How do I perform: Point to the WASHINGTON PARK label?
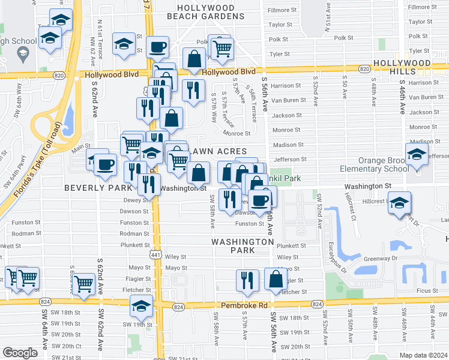point(243,246)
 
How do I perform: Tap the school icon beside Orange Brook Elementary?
point(417,155)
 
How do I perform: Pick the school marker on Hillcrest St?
point(399,203)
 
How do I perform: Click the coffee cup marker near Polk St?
point(157,47)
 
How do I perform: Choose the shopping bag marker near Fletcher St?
point(276,280)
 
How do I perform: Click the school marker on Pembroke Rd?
point(142,307)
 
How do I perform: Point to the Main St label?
point(80,145)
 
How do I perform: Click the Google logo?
point(20,353)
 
